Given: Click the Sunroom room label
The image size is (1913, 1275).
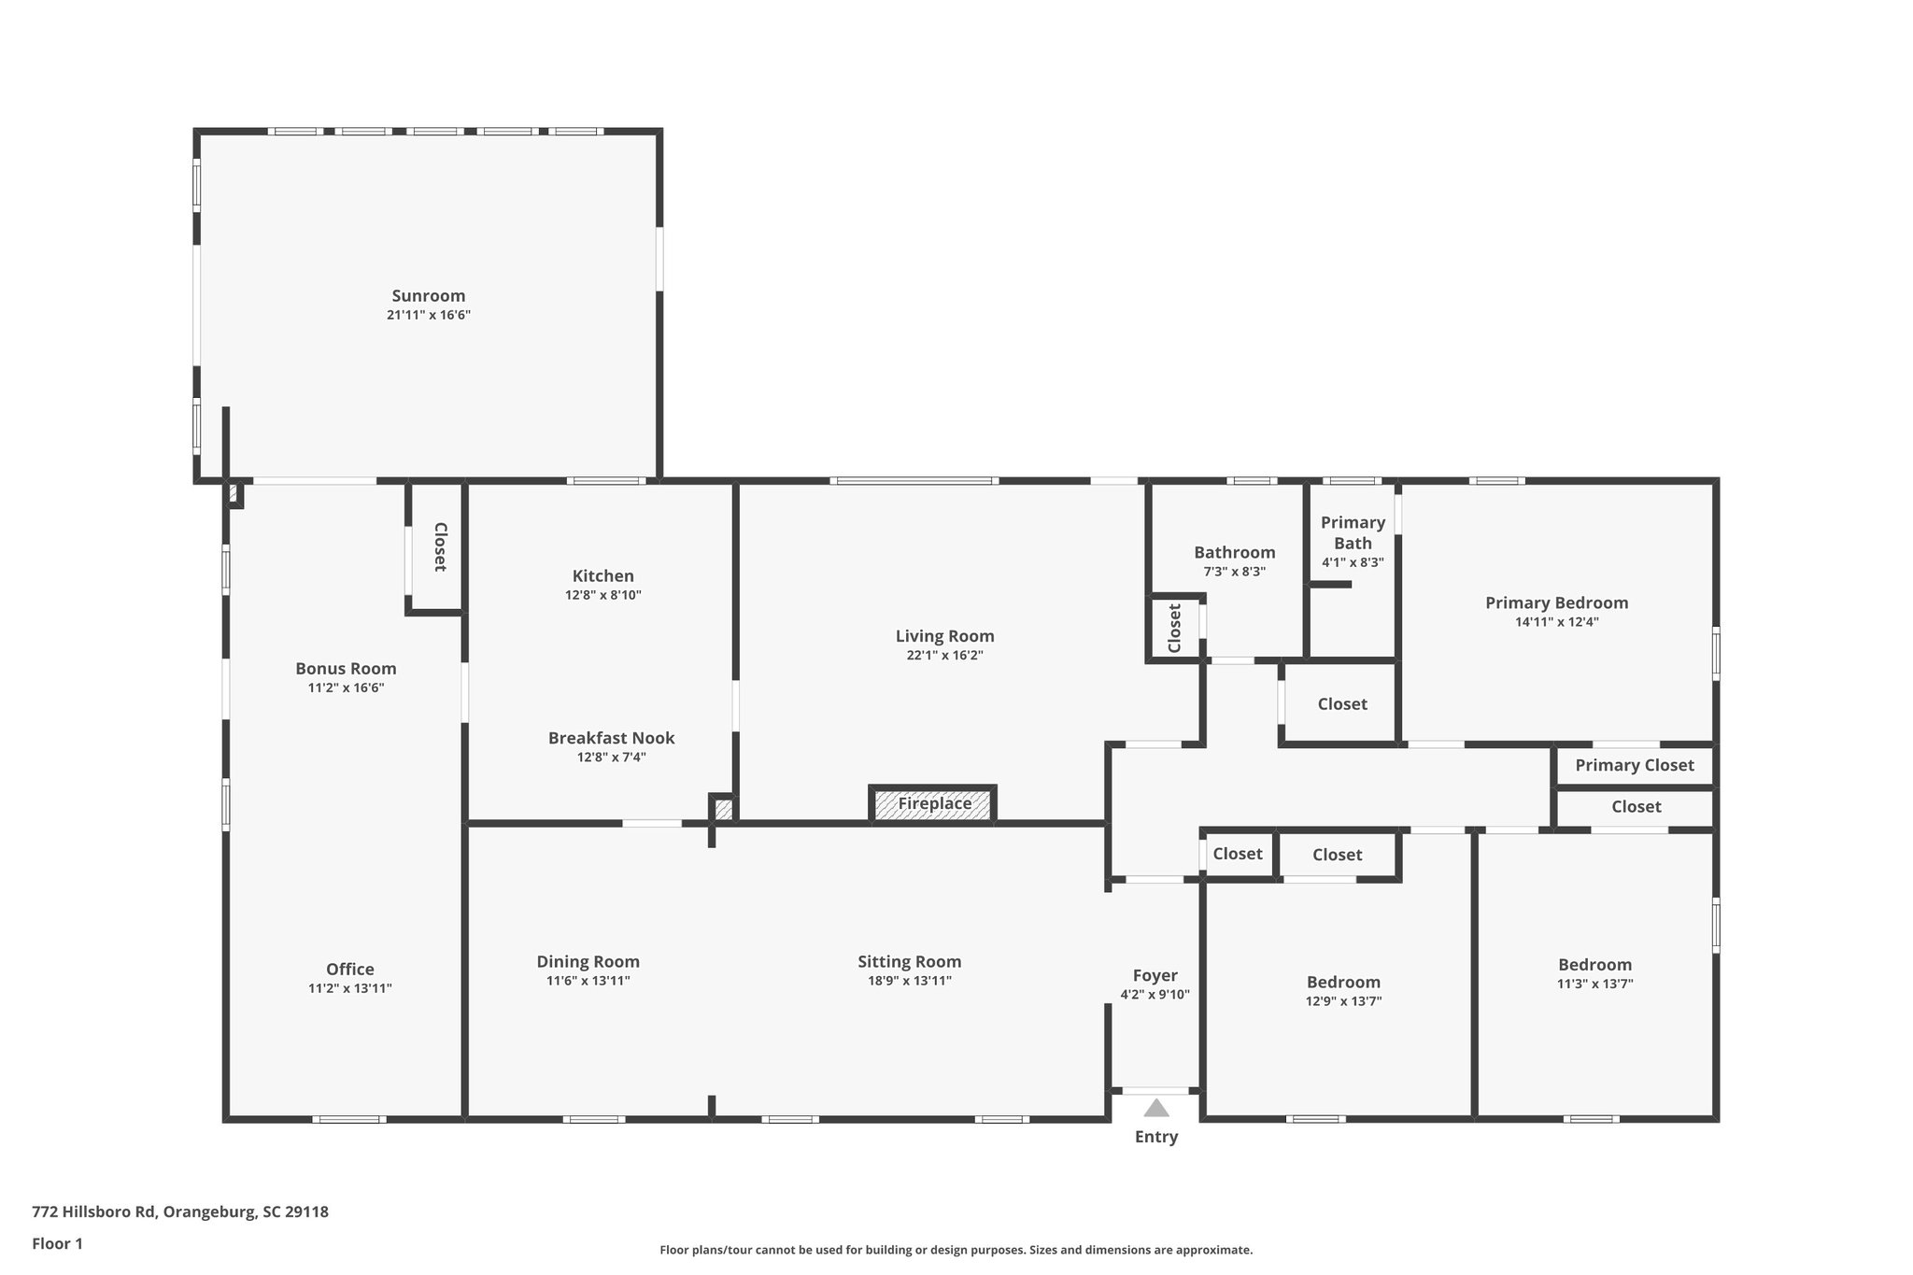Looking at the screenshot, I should tap(428, 296).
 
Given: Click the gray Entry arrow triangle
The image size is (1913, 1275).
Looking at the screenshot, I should tap(1156, 1109).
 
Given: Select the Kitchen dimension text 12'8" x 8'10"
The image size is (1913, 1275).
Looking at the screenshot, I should tap(602, 595).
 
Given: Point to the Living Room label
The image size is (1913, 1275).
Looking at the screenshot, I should tap(944, 636).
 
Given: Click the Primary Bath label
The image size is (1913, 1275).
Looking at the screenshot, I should tap(1353, 532).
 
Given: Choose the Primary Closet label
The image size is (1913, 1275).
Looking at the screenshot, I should tap(1634, 766).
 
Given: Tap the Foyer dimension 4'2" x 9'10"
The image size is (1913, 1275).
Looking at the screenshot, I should tap(1155, 995).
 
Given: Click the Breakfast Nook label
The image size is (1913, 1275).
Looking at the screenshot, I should tap(611, 738).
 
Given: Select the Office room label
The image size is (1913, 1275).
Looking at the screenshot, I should tap(349, 970).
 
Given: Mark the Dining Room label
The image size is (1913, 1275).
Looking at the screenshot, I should tap(588, 962).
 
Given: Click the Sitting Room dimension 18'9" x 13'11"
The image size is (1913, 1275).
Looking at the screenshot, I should tap(909, 981).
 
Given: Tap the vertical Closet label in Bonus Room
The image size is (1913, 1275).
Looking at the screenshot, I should tap(439, 547).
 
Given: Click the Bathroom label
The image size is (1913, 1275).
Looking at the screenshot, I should tap(1234, 552).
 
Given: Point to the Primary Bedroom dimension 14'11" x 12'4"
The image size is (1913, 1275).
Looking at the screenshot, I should tap(1556, 622).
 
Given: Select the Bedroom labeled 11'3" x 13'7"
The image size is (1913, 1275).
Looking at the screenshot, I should tap(1594, 965).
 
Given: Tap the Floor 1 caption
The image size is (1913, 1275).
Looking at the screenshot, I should tap(57, 1243).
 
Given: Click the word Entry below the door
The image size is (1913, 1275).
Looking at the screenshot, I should tap(1156, 1137).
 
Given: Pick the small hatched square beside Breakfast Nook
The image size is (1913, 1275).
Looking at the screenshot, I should tap(724, 809).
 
